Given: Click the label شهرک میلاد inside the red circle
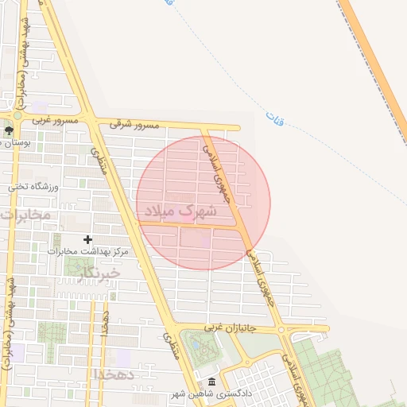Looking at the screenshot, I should point(180,211).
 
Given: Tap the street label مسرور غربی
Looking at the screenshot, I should point(55,120).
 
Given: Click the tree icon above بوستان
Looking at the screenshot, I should point(9,130).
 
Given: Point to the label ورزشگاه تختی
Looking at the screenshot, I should point(33,187).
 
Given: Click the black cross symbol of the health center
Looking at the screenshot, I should point(87,239).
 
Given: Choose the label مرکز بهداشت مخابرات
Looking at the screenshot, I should point(87,252).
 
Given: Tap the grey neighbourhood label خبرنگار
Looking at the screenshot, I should point(99,273).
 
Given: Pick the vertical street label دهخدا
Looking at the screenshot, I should point(105,322).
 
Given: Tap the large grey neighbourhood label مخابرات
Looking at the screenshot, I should point(25,215).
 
